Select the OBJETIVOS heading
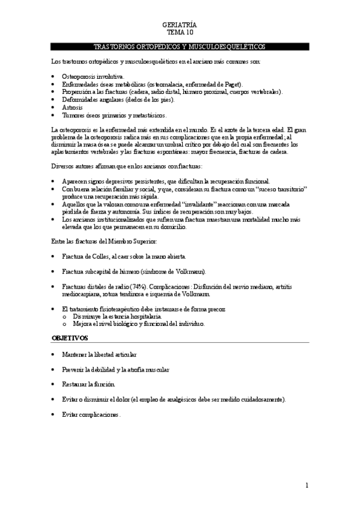pos(70,339)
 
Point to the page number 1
pos(307,485)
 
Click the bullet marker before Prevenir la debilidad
pos(54,369)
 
